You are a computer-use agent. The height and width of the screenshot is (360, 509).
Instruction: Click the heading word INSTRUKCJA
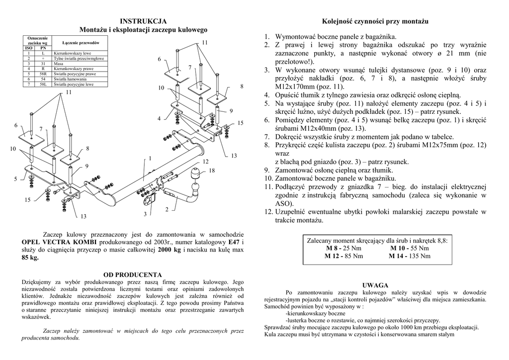tap(143, 21)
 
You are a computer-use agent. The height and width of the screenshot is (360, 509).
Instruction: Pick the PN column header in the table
tap(43, 48)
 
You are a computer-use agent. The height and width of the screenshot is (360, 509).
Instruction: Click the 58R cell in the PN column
tap(43, 74)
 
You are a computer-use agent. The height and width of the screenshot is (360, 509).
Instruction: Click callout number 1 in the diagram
tap(149, 158)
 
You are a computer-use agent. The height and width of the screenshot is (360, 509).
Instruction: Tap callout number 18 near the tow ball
tap(212, 171)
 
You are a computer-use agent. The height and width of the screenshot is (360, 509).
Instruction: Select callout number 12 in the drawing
tap(205, 162)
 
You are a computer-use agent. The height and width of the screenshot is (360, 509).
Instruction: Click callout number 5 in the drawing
tap(15, 179)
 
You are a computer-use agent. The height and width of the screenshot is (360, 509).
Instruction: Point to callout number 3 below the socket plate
tap(145, 214)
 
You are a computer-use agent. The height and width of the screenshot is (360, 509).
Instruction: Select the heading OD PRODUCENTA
tap(132, 274)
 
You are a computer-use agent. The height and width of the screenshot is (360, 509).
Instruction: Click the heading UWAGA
tap(375, 285)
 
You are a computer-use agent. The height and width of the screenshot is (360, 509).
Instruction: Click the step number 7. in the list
tap(266, 137)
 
